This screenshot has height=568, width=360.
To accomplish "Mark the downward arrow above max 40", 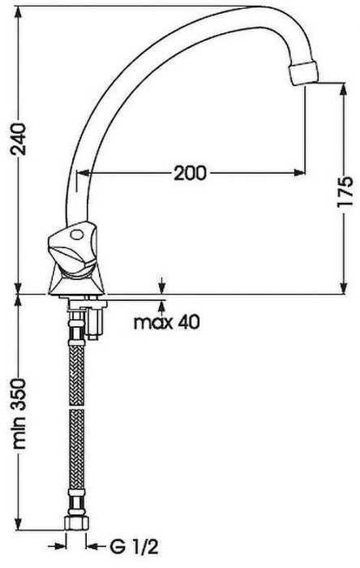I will click(165, 286).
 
